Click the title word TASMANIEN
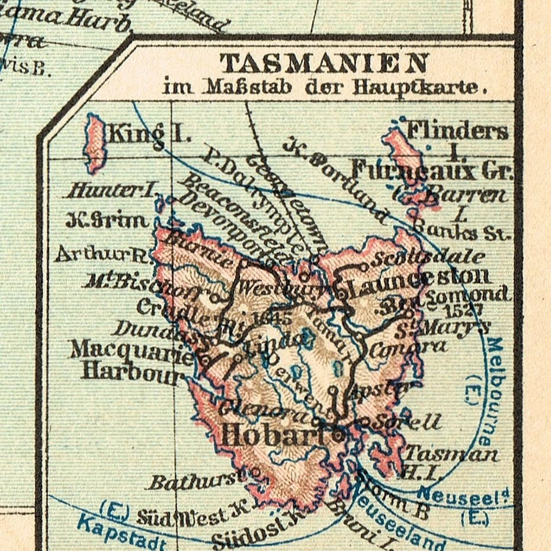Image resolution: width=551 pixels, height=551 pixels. (324, 63)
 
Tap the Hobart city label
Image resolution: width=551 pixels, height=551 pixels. (273, 436)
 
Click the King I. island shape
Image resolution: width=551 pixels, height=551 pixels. (95, 143)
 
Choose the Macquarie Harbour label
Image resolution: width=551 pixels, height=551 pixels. (132, 360)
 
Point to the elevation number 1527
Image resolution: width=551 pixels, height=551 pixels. (464, 309)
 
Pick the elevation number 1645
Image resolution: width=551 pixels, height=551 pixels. (272, 318)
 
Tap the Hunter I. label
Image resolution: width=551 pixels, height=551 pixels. (111, 191)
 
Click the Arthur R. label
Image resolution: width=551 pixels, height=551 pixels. (102, 254)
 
